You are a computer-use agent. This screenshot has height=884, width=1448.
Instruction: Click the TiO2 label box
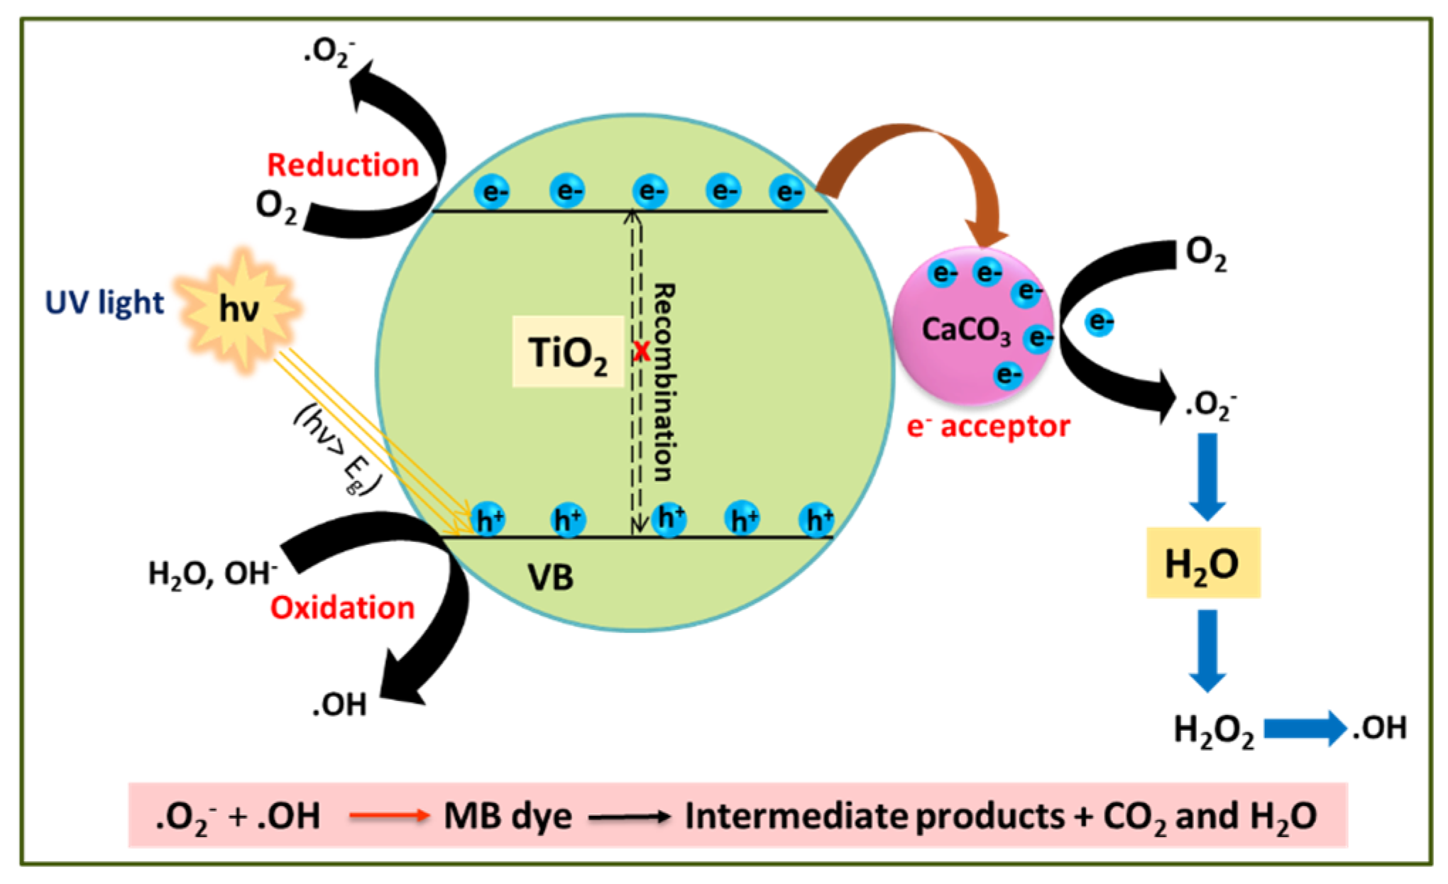pos(568,352)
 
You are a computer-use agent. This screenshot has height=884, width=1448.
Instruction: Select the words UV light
pos(104,303)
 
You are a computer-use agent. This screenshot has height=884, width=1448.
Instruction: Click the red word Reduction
pos(343,165)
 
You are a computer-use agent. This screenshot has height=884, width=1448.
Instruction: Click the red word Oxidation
pos(342,608)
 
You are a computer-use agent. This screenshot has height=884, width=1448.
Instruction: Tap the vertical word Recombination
pos(664,383)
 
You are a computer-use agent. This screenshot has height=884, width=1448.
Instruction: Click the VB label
pos(550,578)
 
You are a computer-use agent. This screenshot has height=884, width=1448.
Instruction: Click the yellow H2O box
pos(1202,563)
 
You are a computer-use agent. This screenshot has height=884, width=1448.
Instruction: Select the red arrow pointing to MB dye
pos(389,816)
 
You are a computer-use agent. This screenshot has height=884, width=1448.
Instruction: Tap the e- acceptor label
pos(988,427)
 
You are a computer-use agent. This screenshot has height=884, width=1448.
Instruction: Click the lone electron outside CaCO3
pos(1099,323)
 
